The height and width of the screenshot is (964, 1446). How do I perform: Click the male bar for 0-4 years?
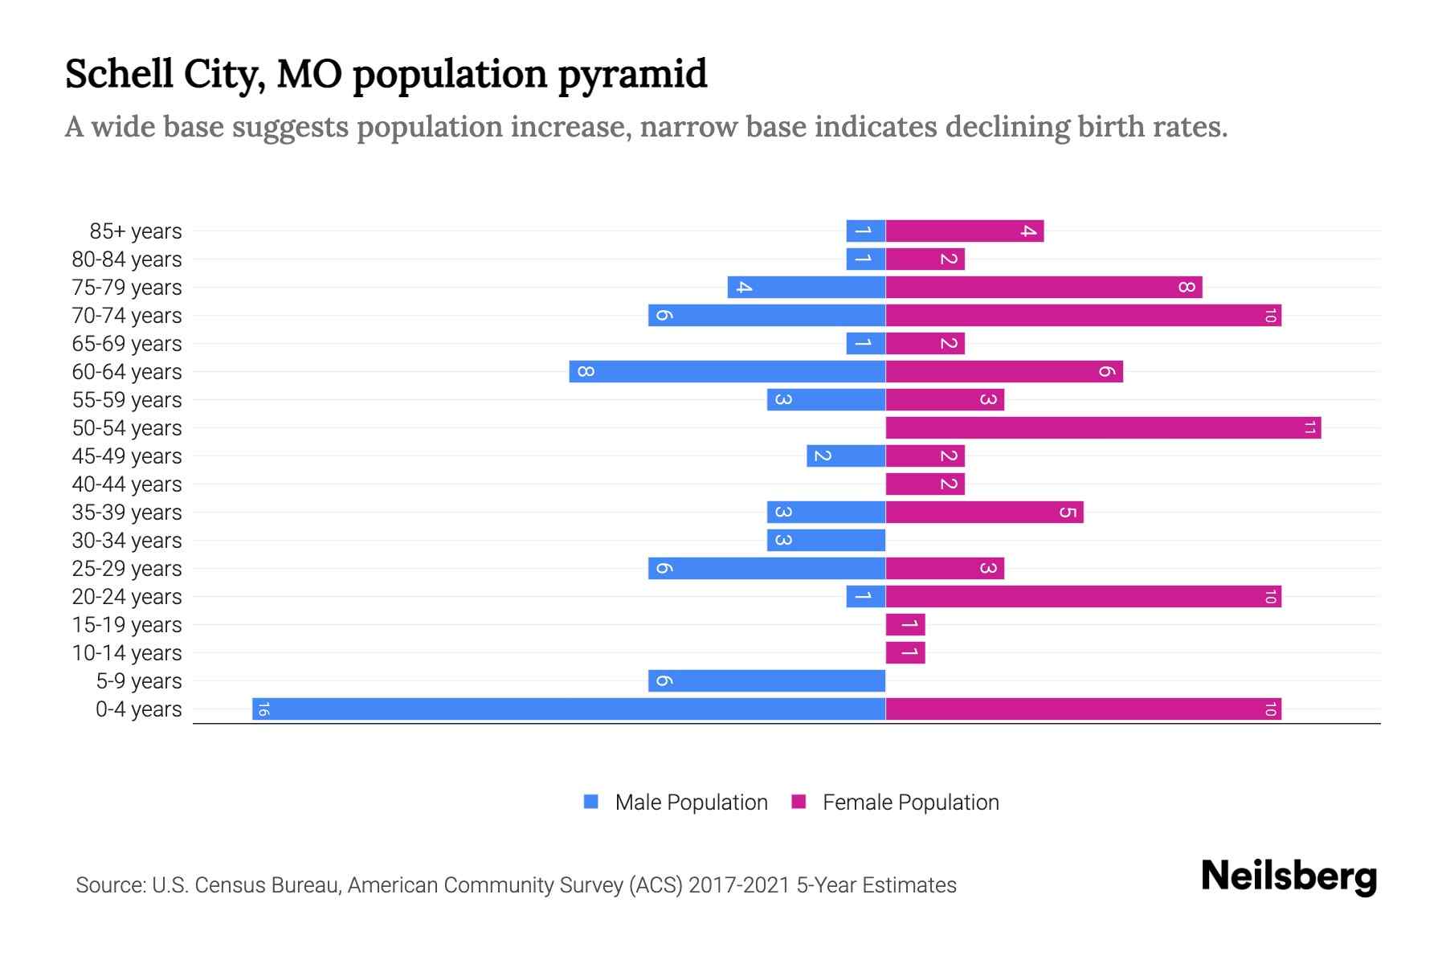569,709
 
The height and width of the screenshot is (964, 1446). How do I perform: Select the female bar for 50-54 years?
1103,427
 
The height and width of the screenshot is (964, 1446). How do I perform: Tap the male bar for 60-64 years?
727,371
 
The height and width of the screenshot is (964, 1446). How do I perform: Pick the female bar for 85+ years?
964,231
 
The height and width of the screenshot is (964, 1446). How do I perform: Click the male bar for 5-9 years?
766,680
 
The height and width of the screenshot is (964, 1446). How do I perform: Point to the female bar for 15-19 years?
905,624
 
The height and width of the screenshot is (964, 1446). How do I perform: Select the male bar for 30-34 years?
826,540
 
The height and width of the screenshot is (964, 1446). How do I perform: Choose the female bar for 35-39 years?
984,512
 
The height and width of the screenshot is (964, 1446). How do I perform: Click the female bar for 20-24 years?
1083,596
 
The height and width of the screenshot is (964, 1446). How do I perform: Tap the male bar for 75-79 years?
807,287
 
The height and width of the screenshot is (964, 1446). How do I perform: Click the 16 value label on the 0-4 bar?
263,709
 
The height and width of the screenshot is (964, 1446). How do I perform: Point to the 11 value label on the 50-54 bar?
1309,427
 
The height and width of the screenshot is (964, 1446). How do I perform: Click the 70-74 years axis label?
127,316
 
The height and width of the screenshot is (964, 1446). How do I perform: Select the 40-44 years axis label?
127,484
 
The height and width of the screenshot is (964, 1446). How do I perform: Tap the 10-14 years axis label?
127,653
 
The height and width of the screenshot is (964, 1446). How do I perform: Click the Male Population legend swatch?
591,802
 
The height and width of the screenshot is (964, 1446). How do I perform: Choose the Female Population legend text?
910,802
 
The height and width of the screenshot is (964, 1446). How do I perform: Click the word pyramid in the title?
632,74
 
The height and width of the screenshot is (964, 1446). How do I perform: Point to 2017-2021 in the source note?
739,885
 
